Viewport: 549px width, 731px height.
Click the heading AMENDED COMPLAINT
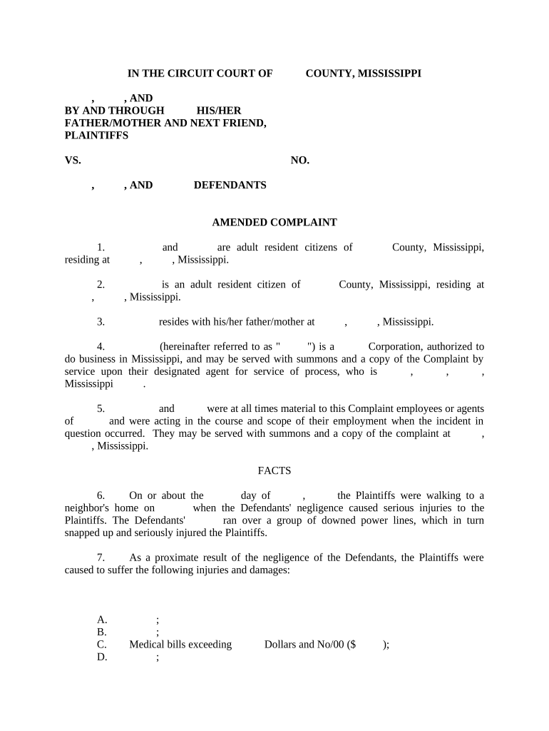coord(274,223)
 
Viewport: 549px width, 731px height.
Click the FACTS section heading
coord(274,470)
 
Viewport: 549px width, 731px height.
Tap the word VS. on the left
coord(73,161)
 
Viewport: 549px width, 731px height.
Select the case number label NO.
coord(299,161)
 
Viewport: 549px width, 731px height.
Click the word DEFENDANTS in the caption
coord(230,186)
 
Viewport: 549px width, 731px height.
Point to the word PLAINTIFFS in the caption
coord(96,136)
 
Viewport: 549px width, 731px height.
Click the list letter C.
coord(102,645)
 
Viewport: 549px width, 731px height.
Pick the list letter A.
coord(102,620)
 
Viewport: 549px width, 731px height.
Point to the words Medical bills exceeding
coord(180,645)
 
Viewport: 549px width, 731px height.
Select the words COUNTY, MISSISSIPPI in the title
coord(363,74)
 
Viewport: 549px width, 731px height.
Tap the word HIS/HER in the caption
coord(219,111)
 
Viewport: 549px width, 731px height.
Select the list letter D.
coord(102,657)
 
